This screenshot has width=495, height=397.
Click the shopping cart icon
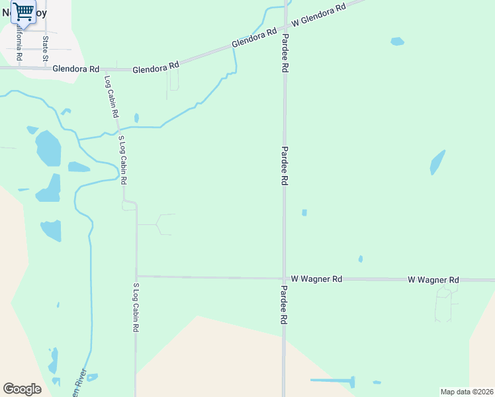click(x=23, y=11)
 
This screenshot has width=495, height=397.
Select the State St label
click(x=46, y=48)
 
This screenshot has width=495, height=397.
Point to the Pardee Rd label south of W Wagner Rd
click(x=284, y=304)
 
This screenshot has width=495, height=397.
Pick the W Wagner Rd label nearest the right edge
click(x=433, y=281)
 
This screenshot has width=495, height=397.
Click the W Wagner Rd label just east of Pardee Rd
click(x=316, y=279)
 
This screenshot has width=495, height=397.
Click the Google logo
click(x=22, y=388)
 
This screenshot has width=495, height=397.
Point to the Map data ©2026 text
click(x=467, y=392)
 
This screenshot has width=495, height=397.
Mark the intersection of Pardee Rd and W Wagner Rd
click(x=284, y=279)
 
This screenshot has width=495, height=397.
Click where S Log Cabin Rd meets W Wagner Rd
click(x=136, y=276)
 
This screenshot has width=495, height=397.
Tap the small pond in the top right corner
click(x=397, y=42)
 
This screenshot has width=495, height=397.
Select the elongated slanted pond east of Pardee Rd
click(x=437, y=161)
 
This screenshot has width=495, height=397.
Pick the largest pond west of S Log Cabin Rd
click(x=48, y=148)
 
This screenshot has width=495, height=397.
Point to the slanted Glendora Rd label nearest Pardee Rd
click(x=253, y=39)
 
